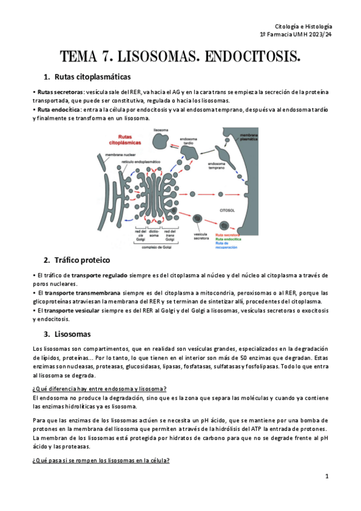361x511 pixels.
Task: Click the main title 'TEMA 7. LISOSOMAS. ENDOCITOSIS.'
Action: click(180, 58)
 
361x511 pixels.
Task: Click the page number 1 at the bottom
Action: click(326, 476)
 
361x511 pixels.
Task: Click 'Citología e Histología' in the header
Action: click(303, 27)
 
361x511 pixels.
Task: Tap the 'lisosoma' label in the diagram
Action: click(161, 130)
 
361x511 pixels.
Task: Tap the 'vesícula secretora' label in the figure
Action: click(201, 236)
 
